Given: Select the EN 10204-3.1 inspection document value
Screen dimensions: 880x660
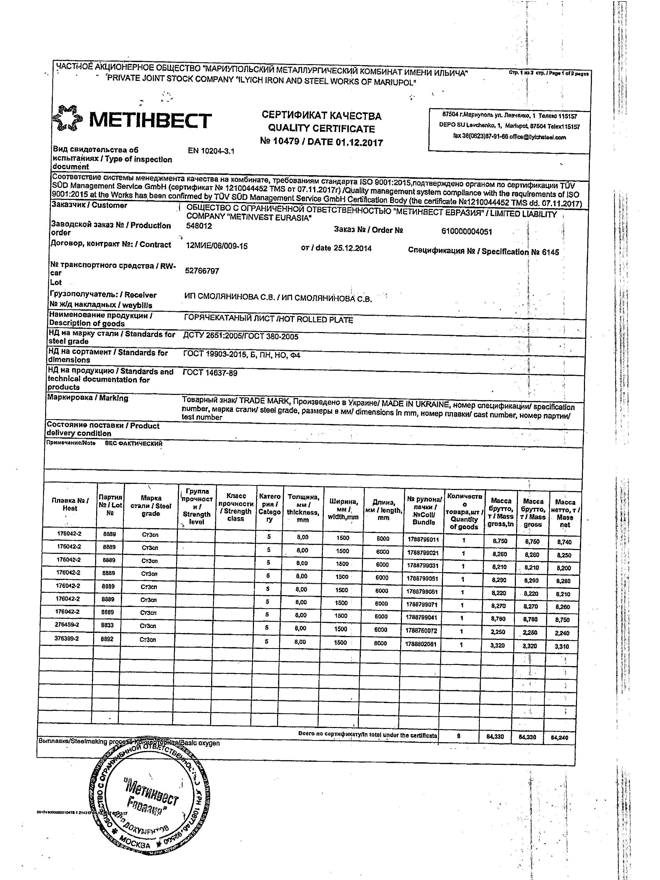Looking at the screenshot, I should click(x=211, y=151).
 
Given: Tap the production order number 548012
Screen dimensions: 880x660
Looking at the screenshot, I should click(x=199, y=226).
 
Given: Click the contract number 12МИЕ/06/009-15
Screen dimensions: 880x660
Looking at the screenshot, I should click(x=217, y=246).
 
